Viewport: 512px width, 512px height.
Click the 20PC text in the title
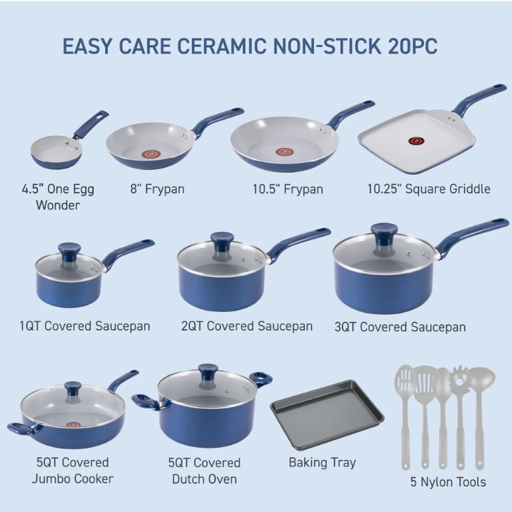click(413, 46)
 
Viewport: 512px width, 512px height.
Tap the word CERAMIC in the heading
click(222, 46)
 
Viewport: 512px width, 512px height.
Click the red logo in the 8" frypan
click(151, 154)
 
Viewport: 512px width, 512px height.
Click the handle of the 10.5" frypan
click(351, 113)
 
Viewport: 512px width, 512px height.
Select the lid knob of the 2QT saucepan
click(222, 241)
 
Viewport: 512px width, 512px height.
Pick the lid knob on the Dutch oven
click(208, 371)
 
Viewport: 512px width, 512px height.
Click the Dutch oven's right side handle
click(261, 379)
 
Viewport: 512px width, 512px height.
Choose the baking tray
click(327, 414)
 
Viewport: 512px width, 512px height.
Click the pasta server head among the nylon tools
click(459, 380)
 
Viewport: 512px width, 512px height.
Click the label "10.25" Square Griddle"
click(429, 188)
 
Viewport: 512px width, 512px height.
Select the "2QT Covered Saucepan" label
click(247, 326)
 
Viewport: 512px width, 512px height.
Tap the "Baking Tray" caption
click(322, 463)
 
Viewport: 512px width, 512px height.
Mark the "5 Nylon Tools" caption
click(448, 482)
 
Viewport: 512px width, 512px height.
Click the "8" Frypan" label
click(158, 189)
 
